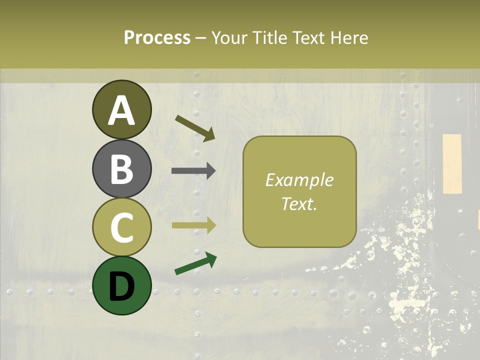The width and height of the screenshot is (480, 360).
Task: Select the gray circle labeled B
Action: [122, 169]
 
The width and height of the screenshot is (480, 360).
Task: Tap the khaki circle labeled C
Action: [122, 227]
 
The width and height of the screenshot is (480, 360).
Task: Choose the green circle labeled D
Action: [122, 285]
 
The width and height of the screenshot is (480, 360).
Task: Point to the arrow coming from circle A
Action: [195, 128]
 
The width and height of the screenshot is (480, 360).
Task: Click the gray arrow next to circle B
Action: [193, 171]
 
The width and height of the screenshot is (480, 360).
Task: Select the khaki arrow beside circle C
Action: [193, 225]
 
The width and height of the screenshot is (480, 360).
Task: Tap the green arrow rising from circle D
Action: [195, 264]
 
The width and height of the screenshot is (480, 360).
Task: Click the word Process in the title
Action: [157, 37]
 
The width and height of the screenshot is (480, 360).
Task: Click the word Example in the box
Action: [299, 180]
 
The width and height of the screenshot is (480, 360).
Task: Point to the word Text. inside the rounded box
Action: [299, 203]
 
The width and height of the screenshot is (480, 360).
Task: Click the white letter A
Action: [122, 111]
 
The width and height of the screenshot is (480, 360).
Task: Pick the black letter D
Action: [122, 285]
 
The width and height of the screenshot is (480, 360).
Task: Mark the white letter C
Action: [122, 227]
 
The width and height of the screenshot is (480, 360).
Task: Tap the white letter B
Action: [122, 169]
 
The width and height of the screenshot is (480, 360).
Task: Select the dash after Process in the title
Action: [201, 38]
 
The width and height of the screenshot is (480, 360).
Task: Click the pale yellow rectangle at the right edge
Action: [452, 163]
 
